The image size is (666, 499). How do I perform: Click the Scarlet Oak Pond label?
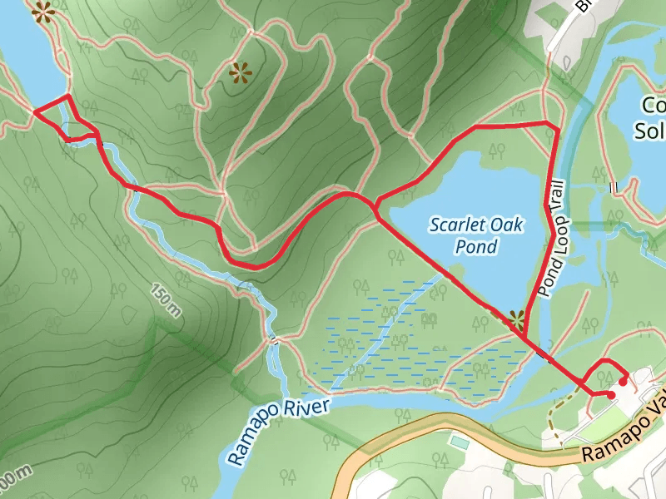pos(465,235)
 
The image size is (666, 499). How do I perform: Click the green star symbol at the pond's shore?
pos(516,318)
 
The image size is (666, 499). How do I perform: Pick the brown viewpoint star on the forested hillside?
pos(241,73)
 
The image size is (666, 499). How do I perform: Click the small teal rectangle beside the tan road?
pos(459,442)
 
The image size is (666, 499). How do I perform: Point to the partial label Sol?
pos(650,131)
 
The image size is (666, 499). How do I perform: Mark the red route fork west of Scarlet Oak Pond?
pos(376,202)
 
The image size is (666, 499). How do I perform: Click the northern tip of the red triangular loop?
pos(67,98)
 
